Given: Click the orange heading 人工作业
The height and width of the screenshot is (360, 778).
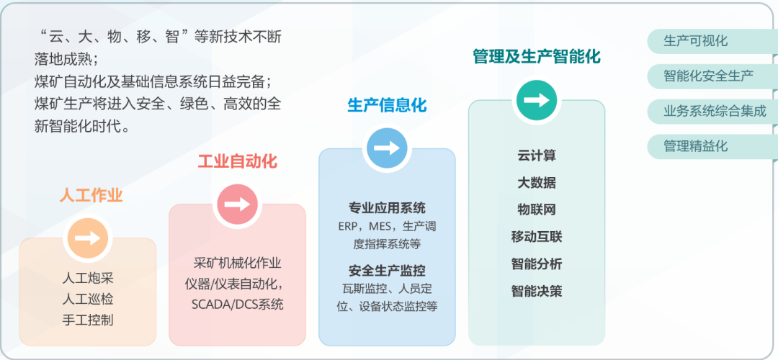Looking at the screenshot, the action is (91, 196).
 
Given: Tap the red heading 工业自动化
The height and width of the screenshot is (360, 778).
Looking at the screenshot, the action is (237, 161).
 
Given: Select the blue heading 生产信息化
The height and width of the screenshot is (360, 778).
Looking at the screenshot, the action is (387, 106).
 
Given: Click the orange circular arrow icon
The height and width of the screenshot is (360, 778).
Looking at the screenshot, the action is (88, 238).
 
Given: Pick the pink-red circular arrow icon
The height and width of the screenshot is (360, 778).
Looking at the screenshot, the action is (237, 204).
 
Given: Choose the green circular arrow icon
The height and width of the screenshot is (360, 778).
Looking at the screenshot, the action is (536, 100).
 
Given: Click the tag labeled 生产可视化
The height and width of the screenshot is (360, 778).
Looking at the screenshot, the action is (696, 41).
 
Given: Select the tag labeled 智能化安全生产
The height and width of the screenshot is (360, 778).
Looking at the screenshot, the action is (709, 76).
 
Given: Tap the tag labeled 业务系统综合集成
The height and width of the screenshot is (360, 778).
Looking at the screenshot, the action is (715, 111).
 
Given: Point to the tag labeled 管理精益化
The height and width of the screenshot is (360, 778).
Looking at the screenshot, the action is (696, 146).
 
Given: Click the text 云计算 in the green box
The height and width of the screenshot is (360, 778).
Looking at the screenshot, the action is (537, 156).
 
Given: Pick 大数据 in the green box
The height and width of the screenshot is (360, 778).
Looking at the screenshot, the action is (537, 183).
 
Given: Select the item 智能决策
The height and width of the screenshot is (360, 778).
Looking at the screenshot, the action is (537, 292).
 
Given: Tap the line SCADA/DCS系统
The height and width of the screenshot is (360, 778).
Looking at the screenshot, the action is (238, 305).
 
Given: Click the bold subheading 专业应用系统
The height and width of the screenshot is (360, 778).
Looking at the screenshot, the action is (387, 209).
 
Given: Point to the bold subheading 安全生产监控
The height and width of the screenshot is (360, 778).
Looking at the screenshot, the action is (387, 271).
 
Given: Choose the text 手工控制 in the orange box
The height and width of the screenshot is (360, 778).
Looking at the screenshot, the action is (88, 320).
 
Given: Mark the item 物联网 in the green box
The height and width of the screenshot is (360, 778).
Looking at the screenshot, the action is (537, 210).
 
